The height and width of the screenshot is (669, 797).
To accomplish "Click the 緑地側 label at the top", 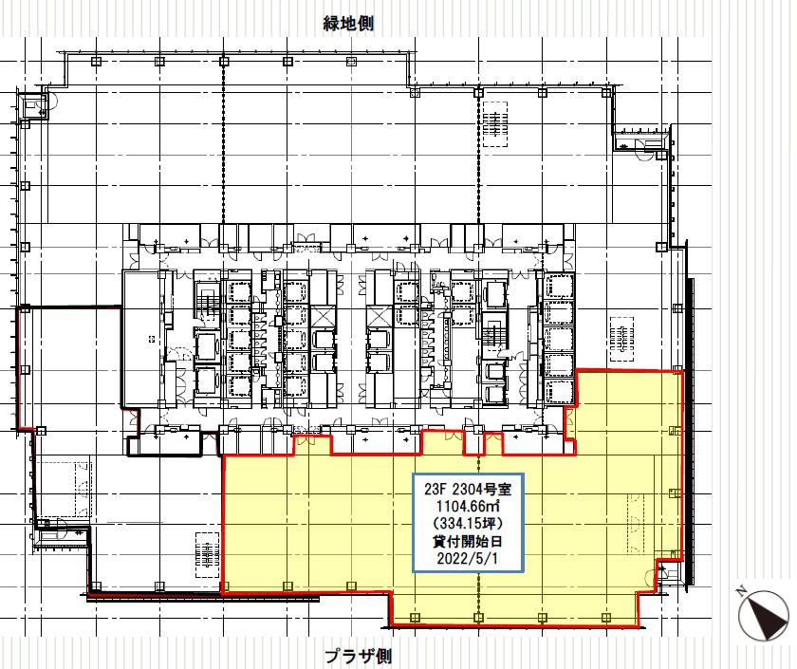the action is [348, 24].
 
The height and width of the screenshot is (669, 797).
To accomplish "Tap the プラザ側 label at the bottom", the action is [358, 656].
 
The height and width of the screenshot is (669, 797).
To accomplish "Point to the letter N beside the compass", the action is [741, 590].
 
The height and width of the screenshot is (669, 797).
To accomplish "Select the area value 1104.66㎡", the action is [468, 507].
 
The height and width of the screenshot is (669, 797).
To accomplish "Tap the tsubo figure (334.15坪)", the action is [468, 523].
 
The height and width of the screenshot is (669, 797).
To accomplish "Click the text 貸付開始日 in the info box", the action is [468, 541].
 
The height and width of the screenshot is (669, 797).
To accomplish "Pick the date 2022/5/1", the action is [468, 558].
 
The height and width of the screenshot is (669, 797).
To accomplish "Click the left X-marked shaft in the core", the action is [323, 317].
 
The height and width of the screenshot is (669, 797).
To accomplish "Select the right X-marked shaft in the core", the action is [379, 317].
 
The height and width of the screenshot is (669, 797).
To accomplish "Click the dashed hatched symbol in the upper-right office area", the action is [494, 124].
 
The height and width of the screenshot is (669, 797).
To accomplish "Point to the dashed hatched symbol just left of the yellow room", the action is [208, 554].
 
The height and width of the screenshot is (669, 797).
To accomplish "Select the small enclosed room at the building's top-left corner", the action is [31, 105].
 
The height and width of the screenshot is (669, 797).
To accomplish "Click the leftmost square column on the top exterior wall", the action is [96, 62].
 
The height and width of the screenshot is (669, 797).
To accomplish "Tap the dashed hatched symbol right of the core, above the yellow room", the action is [621, 340].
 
